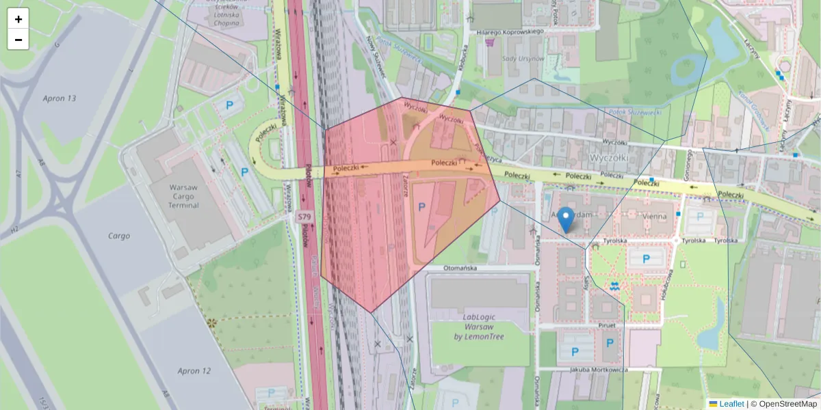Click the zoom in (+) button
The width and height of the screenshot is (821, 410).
[x=18, y=19]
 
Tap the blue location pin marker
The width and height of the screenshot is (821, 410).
[x=566, y=219]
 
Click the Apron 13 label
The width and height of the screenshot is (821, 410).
[x=60, y=98]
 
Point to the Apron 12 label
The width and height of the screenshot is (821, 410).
[x=194, y=371]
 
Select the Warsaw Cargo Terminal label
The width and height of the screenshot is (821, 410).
[x=183, y=196]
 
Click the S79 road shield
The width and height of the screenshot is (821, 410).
[x=304, y=217]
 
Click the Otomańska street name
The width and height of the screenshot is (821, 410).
[x=460, y=269]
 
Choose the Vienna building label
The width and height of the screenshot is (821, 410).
[x=654, y=216]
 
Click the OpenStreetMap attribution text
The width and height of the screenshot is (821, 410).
[x=783, y=404]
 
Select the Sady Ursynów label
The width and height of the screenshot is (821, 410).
[x=523, y=59]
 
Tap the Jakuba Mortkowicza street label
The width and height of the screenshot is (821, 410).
[x=599, y=370]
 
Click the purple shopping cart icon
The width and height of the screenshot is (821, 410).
[x=490, y=42]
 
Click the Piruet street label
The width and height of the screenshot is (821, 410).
[x=588, y=326]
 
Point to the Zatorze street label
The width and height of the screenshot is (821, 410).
[x=405, y=186]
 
